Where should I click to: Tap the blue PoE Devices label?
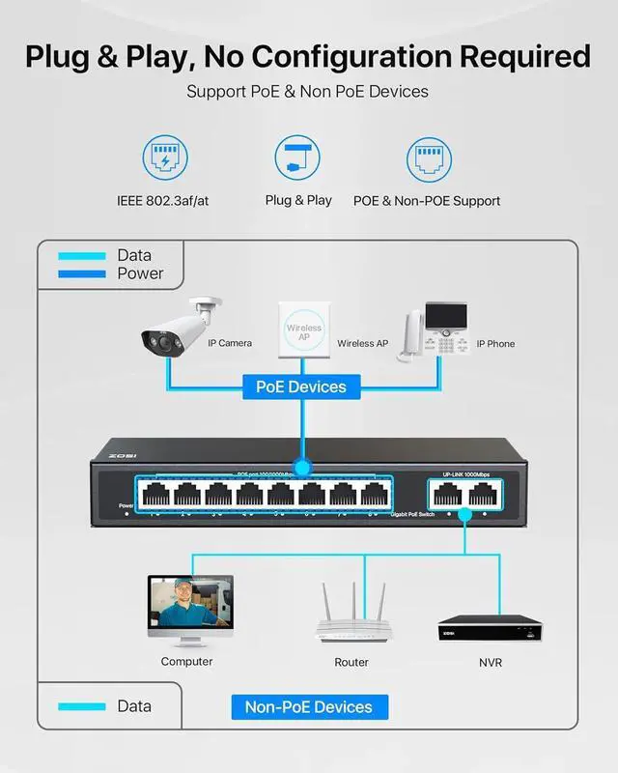click(x=300, y=386)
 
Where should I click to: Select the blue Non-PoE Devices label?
click(x=309, y=706)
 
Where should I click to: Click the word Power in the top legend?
click(x=140, y=273)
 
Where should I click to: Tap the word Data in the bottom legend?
click(x=134, y=706)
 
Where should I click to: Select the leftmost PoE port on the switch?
click(x=154, y=495)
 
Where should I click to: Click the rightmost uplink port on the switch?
click(x=480, y=495)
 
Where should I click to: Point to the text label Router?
click(x=351, y=662)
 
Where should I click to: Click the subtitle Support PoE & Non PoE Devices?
click(x=308, y=93)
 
